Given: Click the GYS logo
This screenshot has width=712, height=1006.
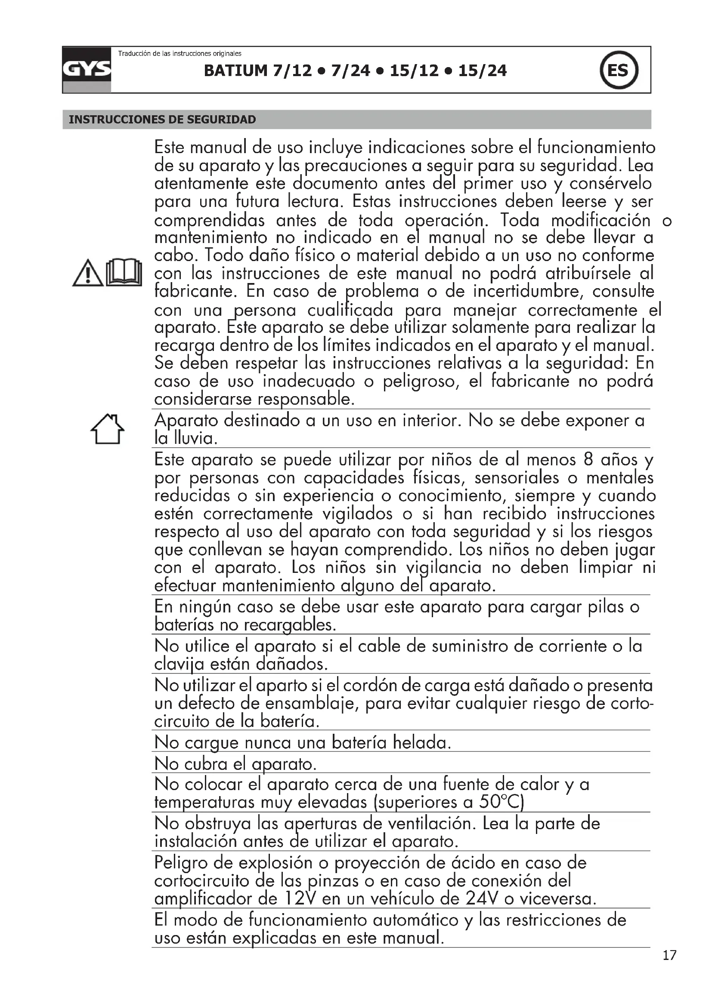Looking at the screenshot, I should coord(87,70).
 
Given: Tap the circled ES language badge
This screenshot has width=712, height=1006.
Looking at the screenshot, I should coord(618,70).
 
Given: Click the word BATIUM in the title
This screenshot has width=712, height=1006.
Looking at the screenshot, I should coord(235,71).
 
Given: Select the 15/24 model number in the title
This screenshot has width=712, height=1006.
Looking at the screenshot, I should coord(482,71).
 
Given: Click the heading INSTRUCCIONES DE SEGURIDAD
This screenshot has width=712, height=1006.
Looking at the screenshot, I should coord(162,120).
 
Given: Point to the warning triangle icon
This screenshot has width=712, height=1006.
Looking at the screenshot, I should coord(88,273).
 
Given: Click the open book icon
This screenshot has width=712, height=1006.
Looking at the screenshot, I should coord(124,273).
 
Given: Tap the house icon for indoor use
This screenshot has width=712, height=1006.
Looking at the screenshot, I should coord(108,429).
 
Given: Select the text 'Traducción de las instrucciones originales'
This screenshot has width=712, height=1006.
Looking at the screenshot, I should coord(180,53).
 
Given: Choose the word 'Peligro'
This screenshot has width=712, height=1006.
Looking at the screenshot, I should coord(181,863).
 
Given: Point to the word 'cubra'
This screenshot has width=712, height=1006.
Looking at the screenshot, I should coord(206,764).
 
